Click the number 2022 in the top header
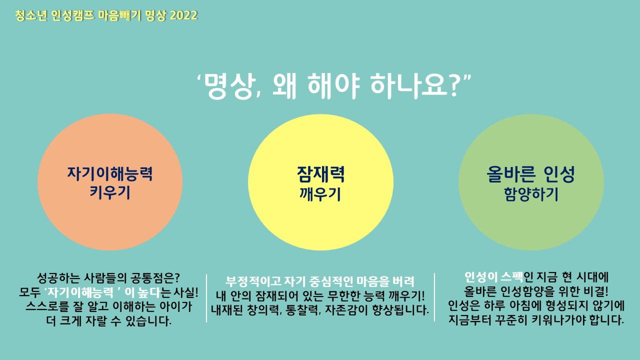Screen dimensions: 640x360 point(183,15)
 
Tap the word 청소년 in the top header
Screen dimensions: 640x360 point(31,15)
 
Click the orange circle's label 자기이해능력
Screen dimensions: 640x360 point(110,174)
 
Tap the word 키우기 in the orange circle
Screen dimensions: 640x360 point(110,192)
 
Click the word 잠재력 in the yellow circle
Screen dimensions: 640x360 point(320,174)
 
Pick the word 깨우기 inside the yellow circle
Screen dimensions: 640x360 point(320,194)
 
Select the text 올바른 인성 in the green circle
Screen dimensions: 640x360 point(531,174)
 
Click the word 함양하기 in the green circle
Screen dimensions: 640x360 point(531,194)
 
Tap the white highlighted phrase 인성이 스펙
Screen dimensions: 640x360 point(493,277)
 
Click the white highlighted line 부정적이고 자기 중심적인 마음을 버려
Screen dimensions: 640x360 point(319,281)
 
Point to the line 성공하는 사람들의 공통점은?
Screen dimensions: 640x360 point(108,277)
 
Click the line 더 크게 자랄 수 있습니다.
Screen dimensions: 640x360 point(109,321)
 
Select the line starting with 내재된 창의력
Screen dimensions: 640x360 point(320,310)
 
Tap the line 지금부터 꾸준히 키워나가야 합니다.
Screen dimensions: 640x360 point(536,320)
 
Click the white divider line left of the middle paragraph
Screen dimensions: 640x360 point(206,298)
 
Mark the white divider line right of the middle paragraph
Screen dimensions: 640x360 point(434,297)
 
